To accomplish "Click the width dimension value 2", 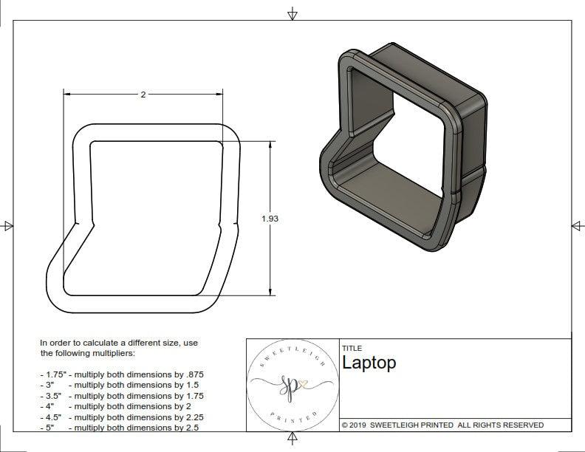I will click(x=143, y=94).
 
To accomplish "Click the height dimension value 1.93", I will click(x=270, y=219).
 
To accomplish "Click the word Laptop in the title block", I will click(x=369, y=363).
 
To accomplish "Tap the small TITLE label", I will click(x=352, y=348).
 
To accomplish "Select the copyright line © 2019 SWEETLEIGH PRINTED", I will click(x=442, y=425).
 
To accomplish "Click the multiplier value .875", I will click(x=194, y=374).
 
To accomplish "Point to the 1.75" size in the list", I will click(x=52, y=374).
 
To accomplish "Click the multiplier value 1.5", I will click(x=191, y=385).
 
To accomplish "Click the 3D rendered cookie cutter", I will click(x=403, y=148).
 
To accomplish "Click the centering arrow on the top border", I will click(x=292, y=14).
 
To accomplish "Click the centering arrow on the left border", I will click(x=8, y=226).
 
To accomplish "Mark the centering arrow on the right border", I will click(x=577, y=226).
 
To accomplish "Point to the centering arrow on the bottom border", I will click(x=292, y=439).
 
